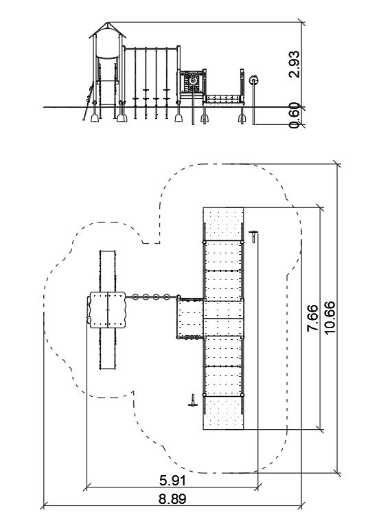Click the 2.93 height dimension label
pyautogui.click(x=294, y=64)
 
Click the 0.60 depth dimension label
pyautogui.click(x=294, y=115)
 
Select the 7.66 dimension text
pyautogui.click(x=312, y=318)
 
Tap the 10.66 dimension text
pyautogui.click(x=330, y=318)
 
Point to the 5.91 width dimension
pyautogui.click(x=172, y=481)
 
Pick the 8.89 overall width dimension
pyautogui.click(x=172, y=499)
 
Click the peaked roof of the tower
pyautogui.click(x=107, y=30)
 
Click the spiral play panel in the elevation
pyautogui.click(x=192, y=82)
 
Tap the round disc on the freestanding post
pyautogui.click(x=253, y=80)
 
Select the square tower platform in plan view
pyautogui.click(x=107, y=310)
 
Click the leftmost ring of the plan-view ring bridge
pyautogui.click(x=135, y=297)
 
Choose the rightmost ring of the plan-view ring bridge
pyautogui.click(x=167, y=297)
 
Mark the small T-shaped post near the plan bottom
pyautogui.click(x=192, y=400)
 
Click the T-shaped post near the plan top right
pyautogui.click(x=253, y=236)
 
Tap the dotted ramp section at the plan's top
pyautogui.click(x=223, y=224)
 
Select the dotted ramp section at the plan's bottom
pyautogui.click(x=223, y=413)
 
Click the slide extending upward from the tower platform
pyautogui.click(x=108, y=271)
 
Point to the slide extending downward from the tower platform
pyautogui.click(x=108, y=349)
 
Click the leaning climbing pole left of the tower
pyautogui.click(x=88, y=101)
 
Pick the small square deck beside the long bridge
pyautogui.click(x=190, y=318)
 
